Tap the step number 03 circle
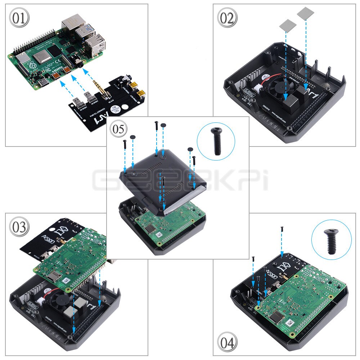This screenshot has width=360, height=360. coord(19,227)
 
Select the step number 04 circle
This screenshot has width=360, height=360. coord(227,342)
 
